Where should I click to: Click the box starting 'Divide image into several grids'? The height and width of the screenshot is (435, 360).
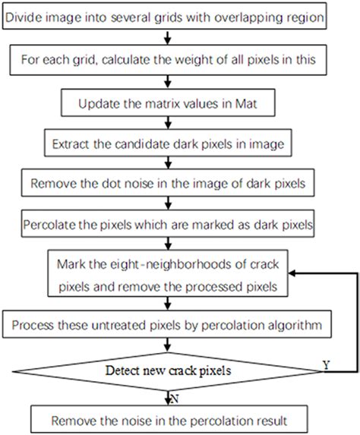pos(177,16)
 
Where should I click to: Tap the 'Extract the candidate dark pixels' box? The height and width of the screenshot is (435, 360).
pos(177,141)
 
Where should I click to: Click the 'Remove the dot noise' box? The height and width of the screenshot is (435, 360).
pos(177,183)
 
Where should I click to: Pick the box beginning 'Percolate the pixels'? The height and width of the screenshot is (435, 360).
pos(177,225)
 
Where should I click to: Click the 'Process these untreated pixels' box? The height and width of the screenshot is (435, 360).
pos(177,326)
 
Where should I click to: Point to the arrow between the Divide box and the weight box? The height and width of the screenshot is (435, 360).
pos(177,36)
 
